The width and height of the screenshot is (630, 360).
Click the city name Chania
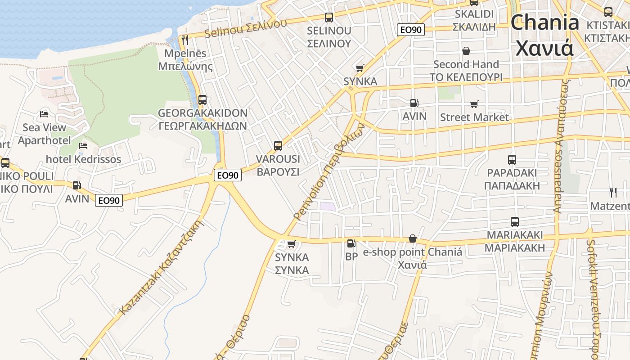[x=544, y=22]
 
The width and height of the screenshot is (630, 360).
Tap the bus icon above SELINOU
[x=329, y=18]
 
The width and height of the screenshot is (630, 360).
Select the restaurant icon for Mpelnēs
[x=185, y=40]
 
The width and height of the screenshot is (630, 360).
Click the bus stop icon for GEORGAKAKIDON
[x=202, y=99]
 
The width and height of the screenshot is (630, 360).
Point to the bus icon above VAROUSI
[x=278, y=145]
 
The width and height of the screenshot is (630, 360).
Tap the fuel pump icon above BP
[x=351, y=243]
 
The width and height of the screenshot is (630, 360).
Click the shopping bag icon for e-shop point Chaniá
[x=412, y=238]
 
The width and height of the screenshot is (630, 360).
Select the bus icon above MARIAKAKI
[x=515, y=221]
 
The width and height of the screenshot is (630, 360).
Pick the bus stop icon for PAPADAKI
[x=512, y=159]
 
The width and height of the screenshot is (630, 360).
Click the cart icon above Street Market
[x=474, y=104]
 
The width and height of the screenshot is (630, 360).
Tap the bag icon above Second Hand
[x=466, y=51]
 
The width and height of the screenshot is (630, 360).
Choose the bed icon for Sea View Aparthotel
[x=44, y=114]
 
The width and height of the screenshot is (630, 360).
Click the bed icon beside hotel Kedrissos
[x=83, y=145]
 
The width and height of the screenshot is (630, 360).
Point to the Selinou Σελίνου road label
[x=245, y=28]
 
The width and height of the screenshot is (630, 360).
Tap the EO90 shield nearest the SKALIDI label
[x=411, y=30]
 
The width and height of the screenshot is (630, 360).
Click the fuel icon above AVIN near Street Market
[x=414, y=103]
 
